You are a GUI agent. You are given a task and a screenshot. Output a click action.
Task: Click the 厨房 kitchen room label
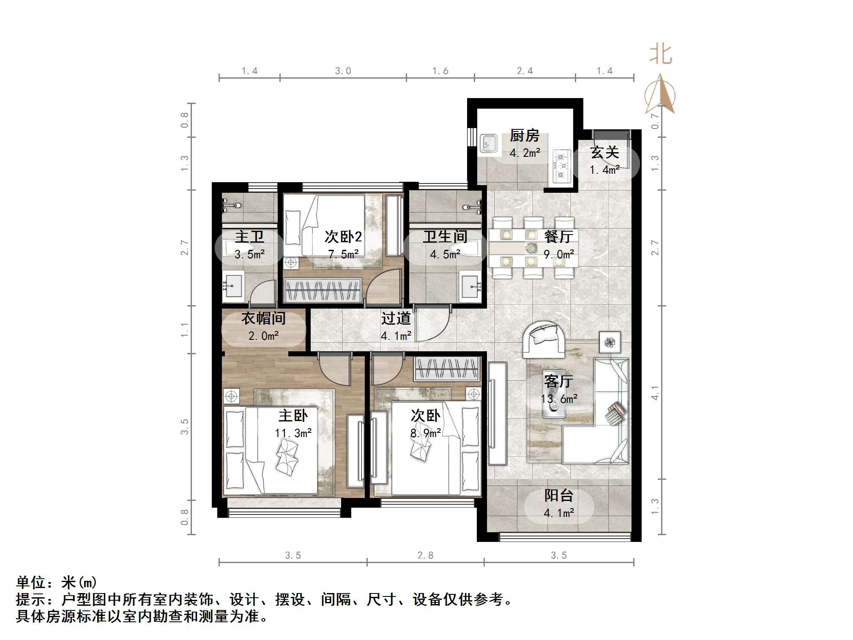(x=525, y=136)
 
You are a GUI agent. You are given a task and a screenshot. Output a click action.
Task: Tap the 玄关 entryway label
(x=604, y=153)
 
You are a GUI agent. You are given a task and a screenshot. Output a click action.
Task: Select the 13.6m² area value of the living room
(x=559, y=399)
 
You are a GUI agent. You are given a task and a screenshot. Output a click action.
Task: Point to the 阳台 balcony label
(x=559, y=495)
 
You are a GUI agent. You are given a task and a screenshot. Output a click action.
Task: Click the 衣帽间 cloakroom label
(x=263, y=318)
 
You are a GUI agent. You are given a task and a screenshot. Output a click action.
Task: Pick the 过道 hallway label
(x=396, y=318)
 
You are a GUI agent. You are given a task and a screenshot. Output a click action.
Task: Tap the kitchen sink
(x=489, y=143)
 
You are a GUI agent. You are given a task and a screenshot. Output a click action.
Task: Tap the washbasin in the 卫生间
(x=471, y=286)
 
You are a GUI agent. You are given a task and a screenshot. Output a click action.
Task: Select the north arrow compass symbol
(x=660, y=94)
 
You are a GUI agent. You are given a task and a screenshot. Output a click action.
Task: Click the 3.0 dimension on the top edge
(x=343, y=71)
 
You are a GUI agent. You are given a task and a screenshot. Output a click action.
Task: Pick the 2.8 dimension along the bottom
(x=425, y=555)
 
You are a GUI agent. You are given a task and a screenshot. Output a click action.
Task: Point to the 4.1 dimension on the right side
(x=655, y=393)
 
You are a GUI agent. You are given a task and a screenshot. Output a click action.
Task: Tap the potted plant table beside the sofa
(x=610, y=342)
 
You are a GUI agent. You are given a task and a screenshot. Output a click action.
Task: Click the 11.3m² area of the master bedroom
(x=293, y=433)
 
